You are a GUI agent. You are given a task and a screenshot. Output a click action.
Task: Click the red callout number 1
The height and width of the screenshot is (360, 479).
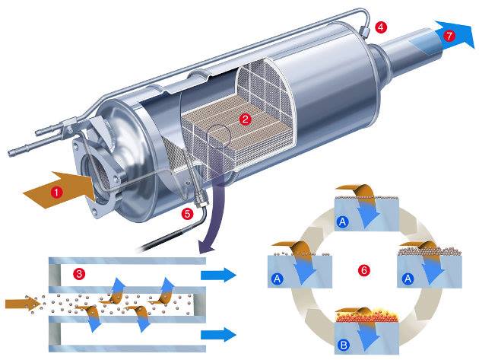click(56, 193)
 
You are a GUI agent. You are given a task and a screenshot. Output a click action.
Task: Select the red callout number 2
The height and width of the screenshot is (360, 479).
click(246, 119)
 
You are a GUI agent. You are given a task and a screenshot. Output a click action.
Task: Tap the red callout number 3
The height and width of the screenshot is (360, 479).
click(79, 273)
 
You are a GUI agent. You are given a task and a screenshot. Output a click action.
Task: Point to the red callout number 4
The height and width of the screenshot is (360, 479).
click(381, 27)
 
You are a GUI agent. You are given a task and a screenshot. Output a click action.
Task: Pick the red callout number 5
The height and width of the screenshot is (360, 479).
click(187, 213)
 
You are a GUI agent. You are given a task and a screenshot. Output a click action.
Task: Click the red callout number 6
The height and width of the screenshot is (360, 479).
click(364, 270)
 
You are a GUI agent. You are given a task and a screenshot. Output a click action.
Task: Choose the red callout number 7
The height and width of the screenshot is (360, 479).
click(449, 36)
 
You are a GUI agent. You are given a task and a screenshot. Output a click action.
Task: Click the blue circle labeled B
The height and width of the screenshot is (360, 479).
click(344, 346)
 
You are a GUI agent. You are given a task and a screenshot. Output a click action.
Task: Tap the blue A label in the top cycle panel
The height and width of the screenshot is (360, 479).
click(342, 221)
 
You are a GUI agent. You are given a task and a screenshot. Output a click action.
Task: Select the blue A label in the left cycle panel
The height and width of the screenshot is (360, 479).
click(277, 279)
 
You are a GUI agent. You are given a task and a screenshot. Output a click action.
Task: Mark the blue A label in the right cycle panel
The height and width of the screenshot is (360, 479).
click(408, 279)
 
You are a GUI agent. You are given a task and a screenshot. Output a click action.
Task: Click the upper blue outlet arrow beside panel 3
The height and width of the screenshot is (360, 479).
click(218, 276)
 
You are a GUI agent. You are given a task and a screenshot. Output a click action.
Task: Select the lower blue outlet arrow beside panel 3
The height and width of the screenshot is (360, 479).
click(218, 335)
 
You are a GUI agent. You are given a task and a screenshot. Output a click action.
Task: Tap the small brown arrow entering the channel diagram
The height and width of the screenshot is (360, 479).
click(23, 304)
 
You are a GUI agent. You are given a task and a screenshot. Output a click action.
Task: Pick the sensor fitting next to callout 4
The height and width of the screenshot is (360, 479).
click(365, 30)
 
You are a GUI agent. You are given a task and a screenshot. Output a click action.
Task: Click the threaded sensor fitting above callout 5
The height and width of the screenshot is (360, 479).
click(200, 197)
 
